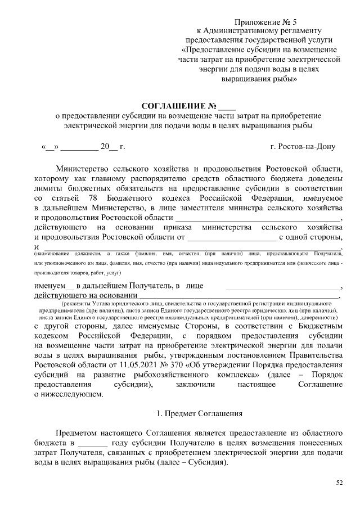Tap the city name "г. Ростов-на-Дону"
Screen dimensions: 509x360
pos(303,147)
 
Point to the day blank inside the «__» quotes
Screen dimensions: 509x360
pos(49,147)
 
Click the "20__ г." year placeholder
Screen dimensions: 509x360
pos(112,147)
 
